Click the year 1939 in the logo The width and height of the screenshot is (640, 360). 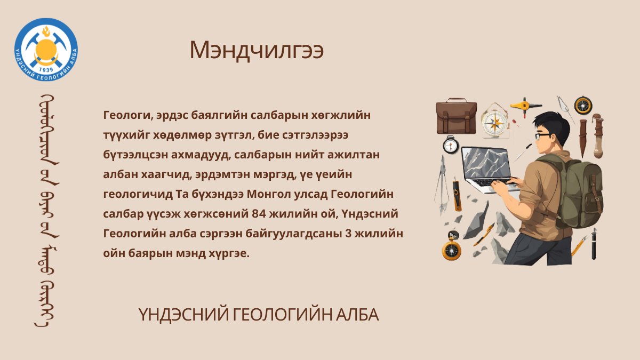[46, 70]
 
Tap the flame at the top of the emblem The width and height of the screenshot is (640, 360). [46, 31]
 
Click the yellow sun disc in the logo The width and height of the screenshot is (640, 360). [46, 50]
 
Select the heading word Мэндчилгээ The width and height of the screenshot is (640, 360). [257, 51]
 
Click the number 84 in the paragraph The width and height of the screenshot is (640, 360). [259, 214]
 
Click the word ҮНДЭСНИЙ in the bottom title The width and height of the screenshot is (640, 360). [183, 315]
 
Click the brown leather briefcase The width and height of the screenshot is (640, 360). [457, 116]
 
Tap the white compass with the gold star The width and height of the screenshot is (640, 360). [494, 121]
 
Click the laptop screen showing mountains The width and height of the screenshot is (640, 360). [486, 162]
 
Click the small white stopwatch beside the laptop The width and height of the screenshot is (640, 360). [451, 145]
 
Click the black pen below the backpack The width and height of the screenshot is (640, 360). [594, 244]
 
